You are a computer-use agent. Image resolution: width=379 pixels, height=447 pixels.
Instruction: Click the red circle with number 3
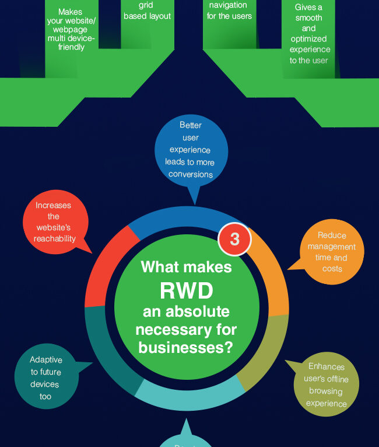[234, 239]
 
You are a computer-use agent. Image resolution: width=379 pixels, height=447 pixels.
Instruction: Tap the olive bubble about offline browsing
[326, 384]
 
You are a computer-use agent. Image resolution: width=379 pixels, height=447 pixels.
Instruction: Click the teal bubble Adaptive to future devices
[45, 378]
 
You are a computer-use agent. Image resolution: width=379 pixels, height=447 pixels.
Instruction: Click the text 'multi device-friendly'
[71, 43]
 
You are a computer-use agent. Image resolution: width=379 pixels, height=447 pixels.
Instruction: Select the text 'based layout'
[148, 16]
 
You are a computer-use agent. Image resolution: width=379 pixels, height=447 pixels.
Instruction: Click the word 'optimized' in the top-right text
[309, 39]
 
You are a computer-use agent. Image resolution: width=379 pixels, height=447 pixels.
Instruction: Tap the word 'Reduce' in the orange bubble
[332, 235]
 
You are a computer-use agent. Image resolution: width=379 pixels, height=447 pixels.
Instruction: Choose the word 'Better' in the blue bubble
[190, 125]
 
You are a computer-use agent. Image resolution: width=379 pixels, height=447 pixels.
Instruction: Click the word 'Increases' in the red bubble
[53, 205]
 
